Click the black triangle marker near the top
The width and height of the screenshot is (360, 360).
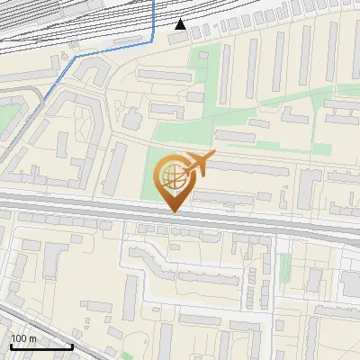coord(181,23)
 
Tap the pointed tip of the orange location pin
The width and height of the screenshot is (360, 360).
coord(173,211)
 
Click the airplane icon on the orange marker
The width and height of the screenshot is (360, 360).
coord(199,164)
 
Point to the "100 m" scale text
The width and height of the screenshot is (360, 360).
coord(24,338)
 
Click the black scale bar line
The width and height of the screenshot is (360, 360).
coord(40,346)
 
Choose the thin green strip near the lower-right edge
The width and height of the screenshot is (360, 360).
coord(286,265)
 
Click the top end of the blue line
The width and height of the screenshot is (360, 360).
coord(154,2)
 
